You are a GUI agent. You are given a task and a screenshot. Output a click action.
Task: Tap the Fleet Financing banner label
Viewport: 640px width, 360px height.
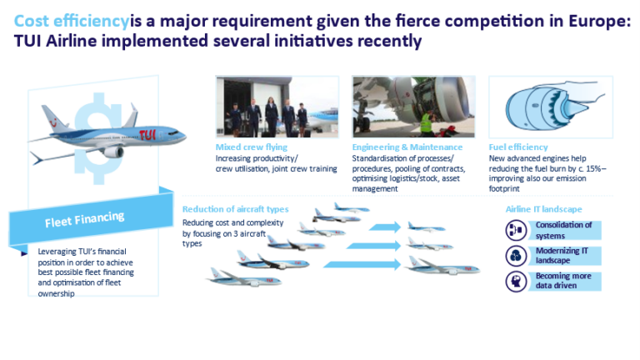(x=84, y=218)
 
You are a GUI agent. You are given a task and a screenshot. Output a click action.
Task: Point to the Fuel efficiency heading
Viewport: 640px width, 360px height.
(x=517, y=147)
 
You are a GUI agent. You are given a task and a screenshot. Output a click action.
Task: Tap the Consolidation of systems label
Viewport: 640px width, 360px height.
(x=564, y=229)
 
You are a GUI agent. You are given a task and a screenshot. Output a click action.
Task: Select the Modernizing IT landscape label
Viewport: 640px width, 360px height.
(x=562, y=254)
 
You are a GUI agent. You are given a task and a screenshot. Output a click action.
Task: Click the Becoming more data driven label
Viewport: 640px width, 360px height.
(x=564, y=280)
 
